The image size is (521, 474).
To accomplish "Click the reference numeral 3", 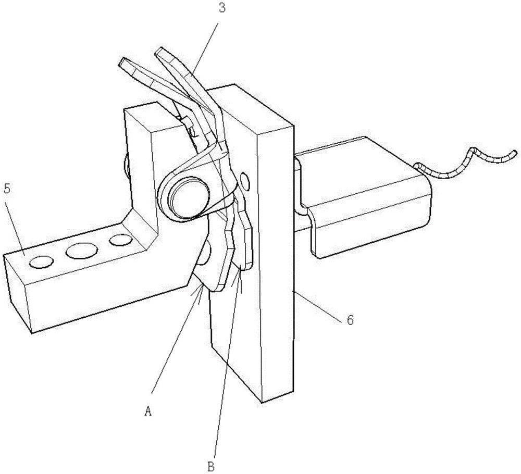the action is coord(222,8).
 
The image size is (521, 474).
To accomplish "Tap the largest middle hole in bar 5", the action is coord(82,251).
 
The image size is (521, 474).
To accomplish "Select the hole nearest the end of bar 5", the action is coord(42,262).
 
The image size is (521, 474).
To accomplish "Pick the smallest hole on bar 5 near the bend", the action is coord(121,240).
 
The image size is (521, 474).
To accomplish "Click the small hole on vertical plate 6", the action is coord(244,181).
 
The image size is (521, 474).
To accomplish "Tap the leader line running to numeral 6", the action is coord(317,305).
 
